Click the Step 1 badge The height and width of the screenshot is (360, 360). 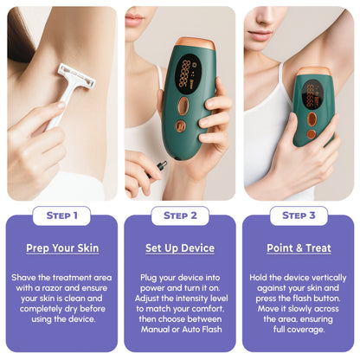pyautogui.click(x=61, y=215)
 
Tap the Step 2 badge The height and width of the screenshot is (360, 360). pyautogui.click(x=180, y=215)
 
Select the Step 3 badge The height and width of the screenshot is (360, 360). pyautogui.click(x=299, y=215)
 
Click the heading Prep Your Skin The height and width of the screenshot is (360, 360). pyautogui.click(x=62, y=248)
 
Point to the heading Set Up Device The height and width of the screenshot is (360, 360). pyautogui.click(x=180, y=248)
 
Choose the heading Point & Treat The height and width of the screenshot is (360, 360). pyautogui.click(x=299, y=248)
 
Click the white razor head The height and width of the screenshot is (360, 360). pyautogui.click(x=77, y=76)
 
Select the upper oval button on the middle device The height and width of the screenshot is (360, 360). pyautogui.click(x=183, y=106)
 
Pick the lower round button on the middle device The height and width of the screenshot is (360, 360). pyautogui.click(x=181, y=126)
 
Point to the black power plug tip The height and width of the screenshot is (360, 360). pyautogui.click(x=162, y=165)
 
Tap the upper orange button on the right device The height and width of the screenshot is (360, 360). pyautogui.click(x=312, y=119)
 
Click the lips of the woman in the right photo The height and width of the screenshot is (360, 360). pyautogui.click(x=260, y=35)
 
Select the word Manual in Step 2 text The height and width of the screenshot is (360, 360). pyautogui.click(x=155, y=329)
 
